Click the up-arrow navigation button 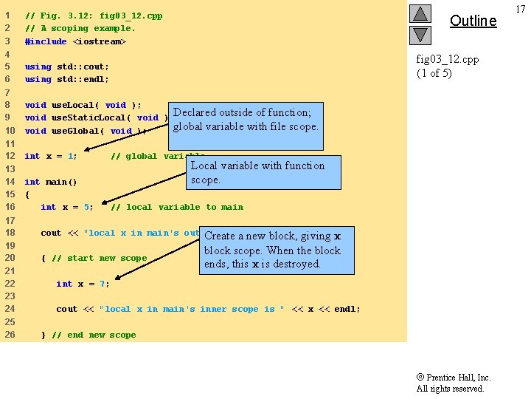tap(420, 14)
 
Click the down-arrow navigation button tap(420, 35)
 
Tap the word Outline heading tap(473, 21)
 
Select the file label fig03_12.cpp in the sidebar tap(447, 59)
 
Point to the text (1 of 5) tap(434, 72)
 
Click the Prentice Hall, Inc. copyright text tap(453, 378)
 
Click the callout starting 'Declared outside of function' tap(246, 120)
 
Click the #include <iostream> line tap(75, 41)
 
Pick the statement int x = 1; tap(50, 156)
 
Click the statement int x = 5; tap(66, 207)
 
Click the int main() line tap(51, 182)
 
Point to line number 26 tap(10, 335)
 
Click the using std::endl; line tap(66, 79)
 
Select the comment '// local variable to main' tap(176, 207)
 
